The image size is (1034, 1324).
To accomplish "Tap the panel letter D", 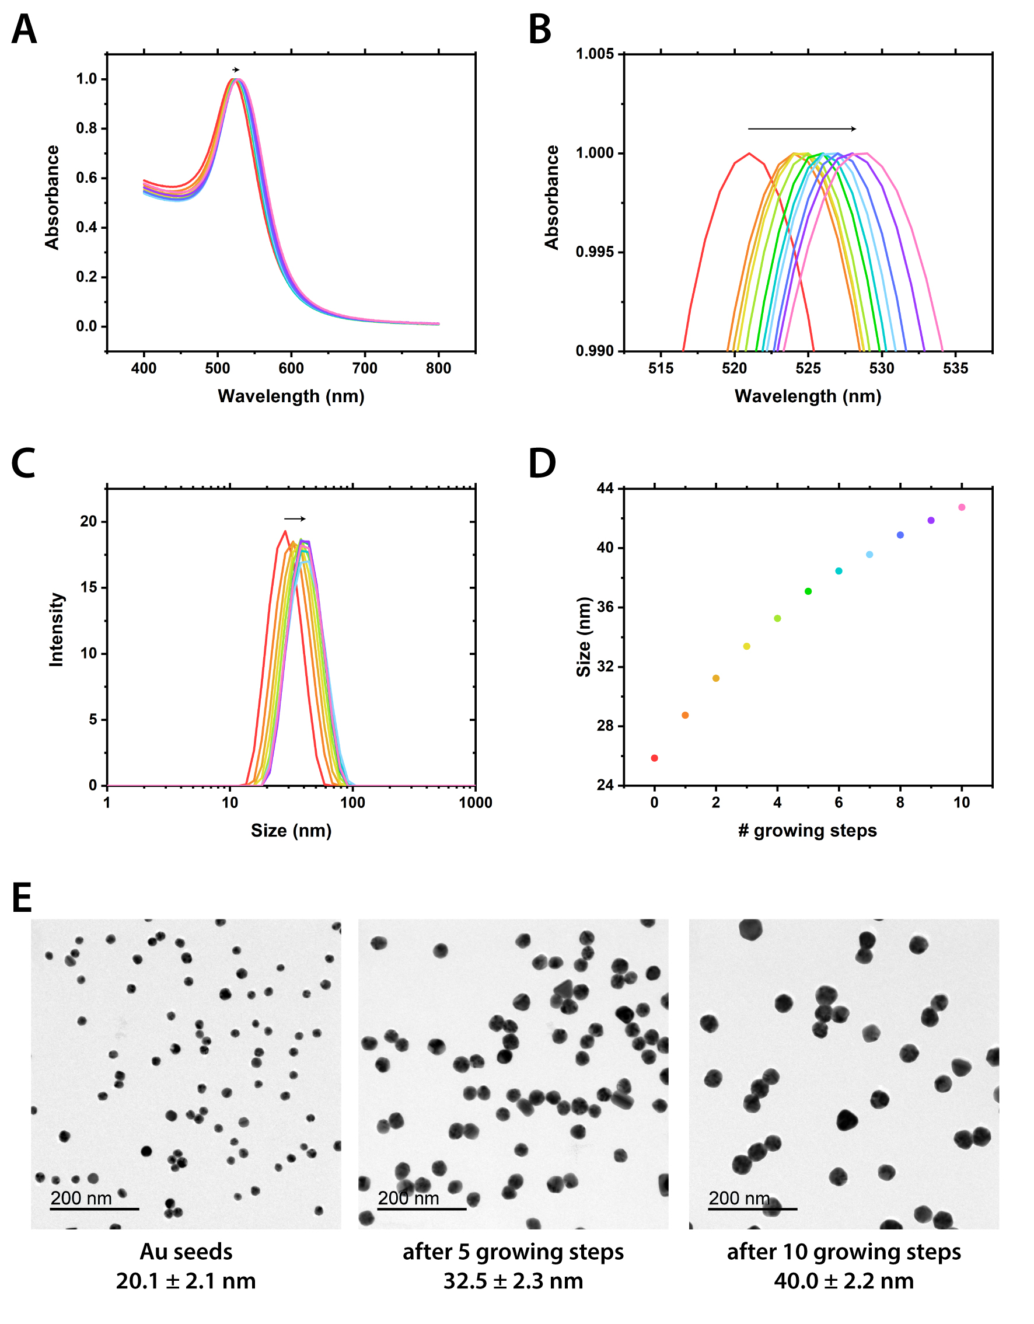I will pyautogui.click(x=542, y=464).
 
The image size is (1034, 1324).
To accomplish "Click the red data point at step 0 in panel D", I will pyautogui.click(x=655, y=758).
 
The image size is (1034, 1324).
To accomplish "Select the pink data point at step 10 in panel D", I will pyautogui.click(x=962, y=507).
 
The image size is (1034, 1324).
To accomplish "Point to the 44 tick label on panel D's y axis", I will pyautogui.click(x=605, y=488).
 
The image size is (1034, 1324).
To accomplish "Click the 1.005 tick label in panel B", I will pyautogui.click(x=595, y=54).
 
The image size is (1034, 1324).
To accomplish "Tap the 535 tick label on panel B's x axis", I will pyautogui.click(x=955, y=368).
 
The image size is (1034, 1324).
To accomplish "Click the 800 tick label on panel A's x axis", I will pyautogui.click(x=438, y=368).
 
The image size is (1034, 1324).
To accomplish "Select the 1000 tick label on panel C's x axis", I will pyautogui.click(x=475, y=803).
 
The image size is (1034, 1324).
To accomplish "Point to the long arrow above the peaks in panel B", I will pyautogui.click(x=801, y=128).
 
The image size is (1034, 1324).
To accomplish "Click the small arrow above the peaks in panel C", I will pyautogui.click(x=295, y=519).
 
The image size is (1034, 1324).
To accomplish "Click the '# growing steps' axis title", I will pyautogui.click(x=808, y=831).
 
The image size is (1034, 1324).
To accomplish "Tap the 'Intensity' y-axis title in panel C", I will pyautogui.click(x=57, y=630).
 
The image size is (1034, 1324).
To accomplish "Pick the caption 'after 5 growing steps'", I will pyautogui.click(x=513, y=1252).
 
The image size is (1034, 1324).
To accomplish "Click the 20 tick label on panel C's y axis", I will pyautogui.click(x=89, y=521).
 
